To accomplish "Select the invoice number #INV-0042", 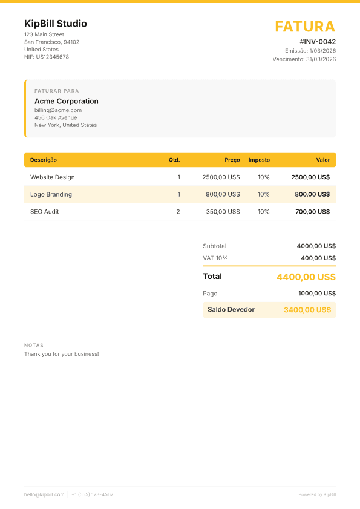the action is (x=318, y=42).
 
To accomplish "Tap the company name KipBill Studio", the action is (x=56, y=24).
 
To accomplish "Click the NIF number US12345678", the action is (x=52, y=57).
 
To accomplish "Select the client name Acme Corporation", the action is (x=67, y=101).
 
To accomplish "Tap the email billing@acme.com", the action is (x=58, y=110).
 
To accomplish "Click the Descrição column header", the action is (x=44, y=160).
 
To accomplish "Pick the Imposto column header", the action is (x=259, y=160).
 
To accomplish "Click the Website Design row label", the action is (x=53, y=177).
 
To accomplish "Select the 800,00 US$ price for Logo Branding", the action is (x=223, y=194).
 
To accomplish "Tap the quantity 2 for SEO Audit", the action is (x=178, y=212).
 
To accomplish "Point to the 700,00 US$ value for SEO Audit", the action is (x=312, y=212).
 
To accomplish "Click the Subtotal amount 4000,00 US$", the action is (x=316, y=246).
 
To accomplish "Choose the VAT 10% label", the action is (x=215, y=258).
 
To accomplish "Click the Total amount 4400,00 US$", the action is (x=306, y=277).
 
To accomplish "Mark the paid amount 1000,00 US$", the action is (x=316, y=293).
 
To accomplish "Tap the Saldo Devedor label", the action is (x=231, y=309).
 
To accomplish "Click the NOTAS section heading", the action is (x=34, y=346).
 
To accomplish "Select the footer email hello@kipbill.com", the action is (x=44, y=494).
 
